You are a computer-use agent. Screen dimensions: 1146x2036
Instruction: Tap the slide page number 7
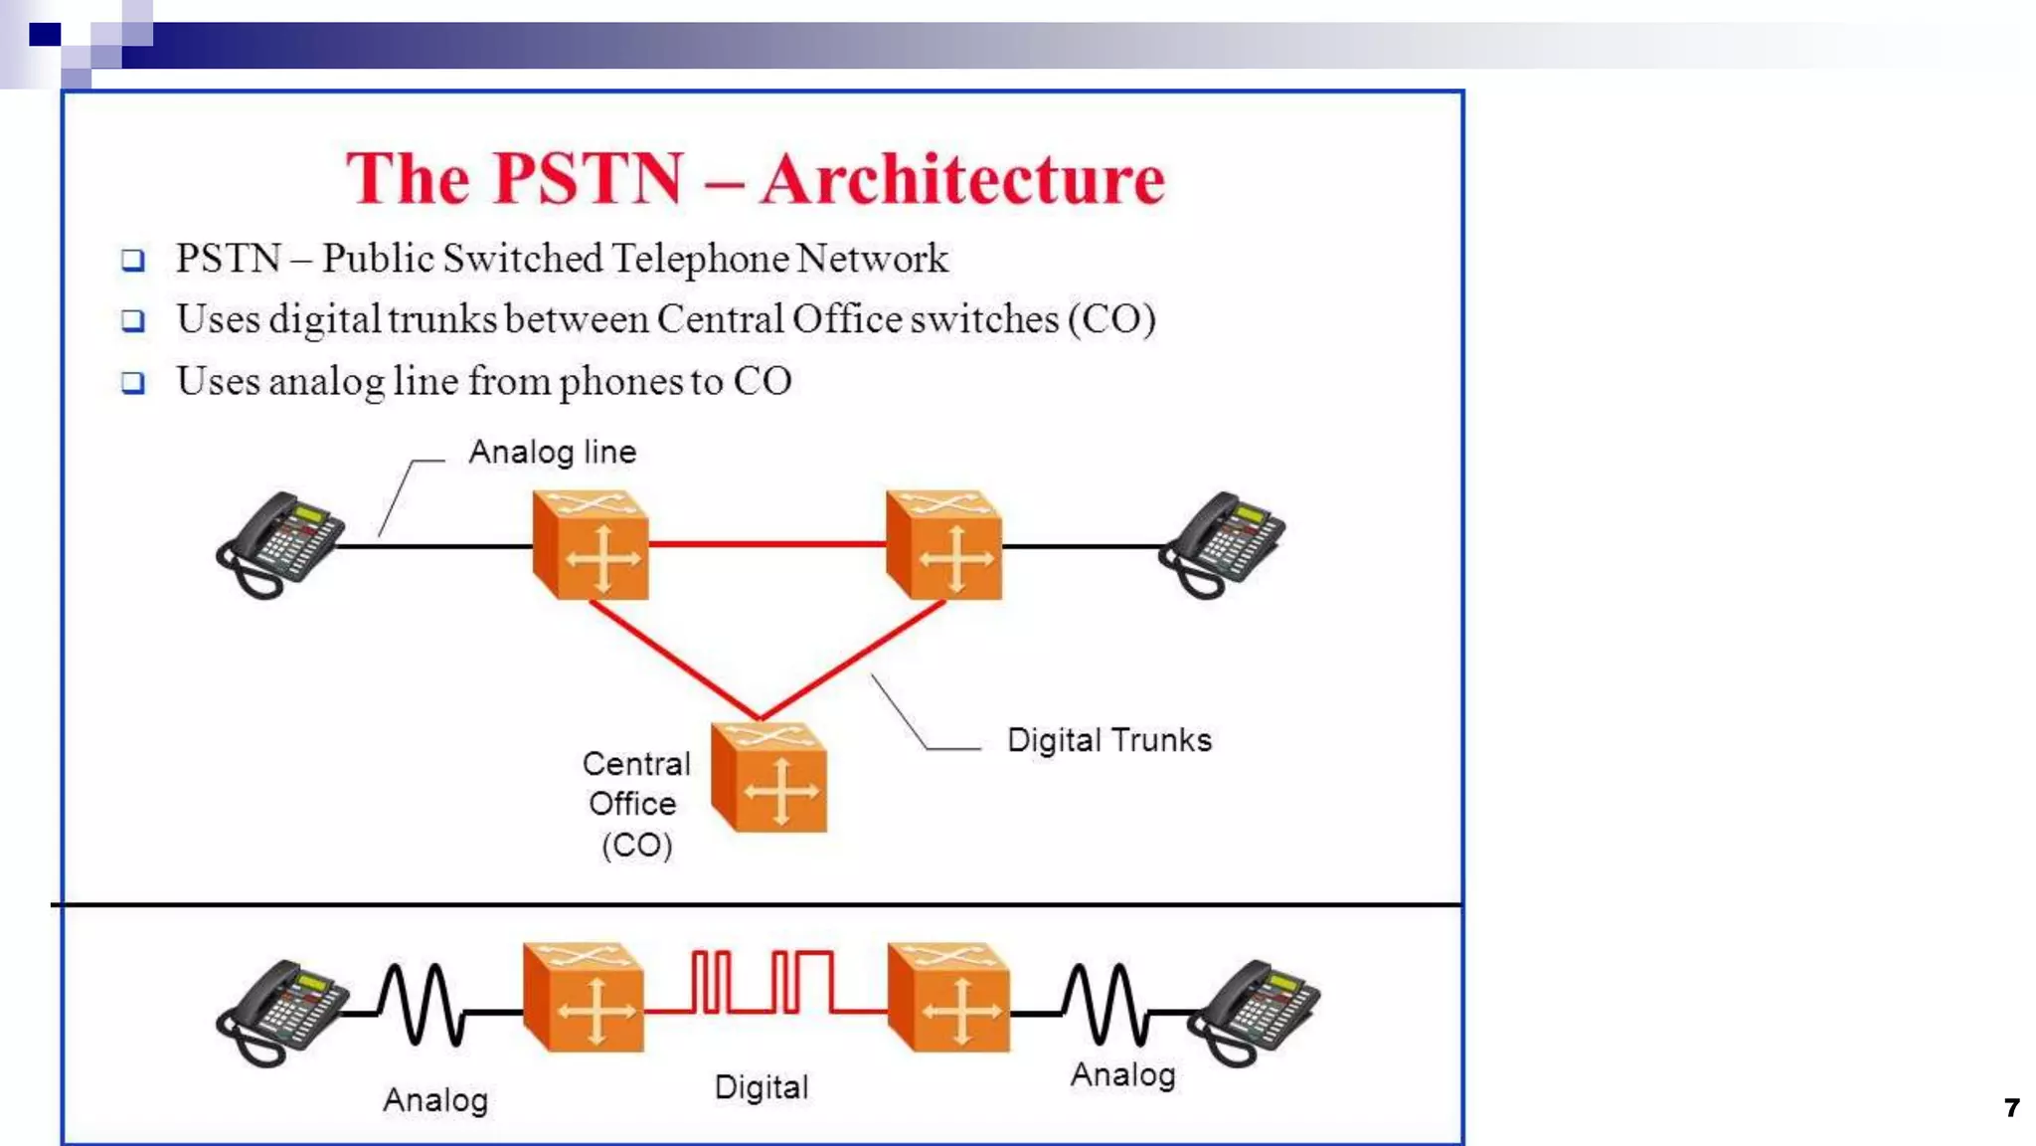pos(2011,1107)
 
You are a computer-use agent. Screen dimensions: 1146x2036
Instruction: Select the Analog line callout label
pos(552,453)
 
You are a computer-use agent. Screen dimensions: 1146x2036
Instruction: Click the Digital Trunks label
pos(1108,740)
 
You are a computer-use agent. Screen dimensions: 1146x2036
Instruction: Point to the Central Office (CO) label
pos(635,804)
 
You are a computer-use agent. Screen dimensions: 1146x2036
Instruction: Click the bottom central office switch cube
pos(769,779)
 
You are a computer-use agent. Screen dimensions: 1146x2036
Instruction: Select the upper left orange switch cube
pos(591,545)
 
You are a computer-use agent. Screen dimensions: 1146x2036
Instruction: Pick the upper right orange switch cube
pos(944,545)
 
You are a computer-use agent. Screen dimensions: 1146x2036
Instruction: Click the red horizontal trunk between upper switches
pos(765,544)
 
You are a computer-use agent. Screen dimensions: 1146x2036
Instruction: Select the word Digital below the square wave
pos(761,1087)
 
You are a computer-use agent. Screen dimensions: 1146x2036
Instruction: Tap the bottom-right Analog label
pos(1122,1075)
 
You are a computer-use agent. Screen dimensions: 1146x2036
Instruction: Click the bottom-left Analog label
pos(435,1100)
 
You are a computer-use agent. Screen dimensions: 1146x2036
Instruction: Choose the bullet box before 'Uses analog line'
pos(133,383)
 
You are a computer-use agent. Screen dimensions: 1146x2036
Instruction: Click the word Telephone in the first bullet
pos(700,259)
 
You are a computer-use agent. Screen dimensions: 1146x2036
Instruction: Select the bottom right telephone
pos(1256,1011)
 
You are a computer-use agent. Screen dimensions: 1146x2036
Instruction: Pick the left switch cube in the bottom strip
pos(585,998)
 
